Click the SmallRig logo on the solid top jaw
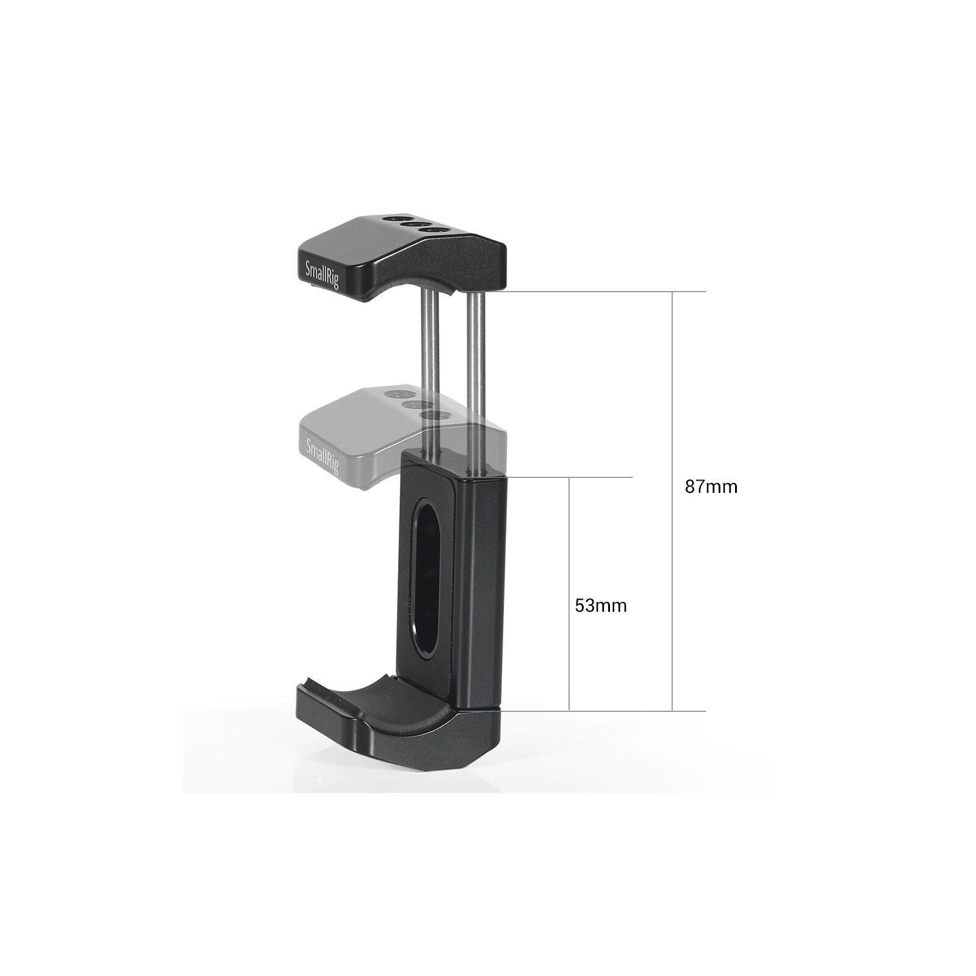click(x=321, y=274)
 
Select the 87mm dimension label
click(x=711, y=487)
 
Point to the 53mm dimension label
click(x=601, y=606)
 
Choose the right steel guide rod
click(x=476, y=366)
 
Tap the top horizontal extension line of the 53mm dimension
click(x=567, y=477)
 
